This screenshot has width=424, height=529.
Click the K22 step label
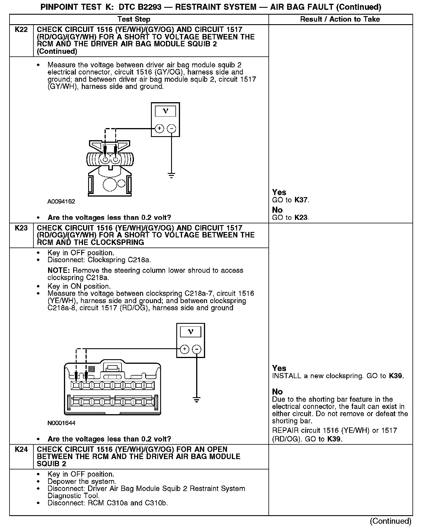[21, 30]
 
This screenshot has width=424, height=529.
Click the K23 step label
[21, 228]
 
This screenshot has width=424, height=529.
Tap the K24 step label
[21, 449]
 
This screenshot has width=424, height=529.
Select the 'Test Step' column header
[134, 19]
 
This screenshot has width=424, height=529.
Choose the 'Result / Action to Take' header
[340, 19]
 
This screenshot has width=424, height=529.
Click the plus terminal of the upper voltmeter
[159, 128]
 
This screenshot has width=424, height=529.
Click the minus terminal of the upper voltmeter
[171, 128]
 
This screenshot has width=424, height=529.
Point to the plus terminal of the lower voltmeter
[184, 349]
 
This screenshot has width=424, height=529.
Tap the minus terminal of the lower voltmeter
[197, 349]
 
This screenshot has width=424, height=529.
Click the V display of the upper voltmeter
[165, 111]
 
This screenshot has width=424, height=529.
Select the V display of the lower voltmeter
[190, 332]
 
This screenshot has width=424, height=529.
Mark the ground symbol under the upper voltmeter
[171, 175]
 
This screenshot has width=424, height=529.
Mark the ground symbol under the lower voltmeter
[197, 399]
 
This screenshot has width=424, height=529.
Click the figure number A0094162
[61, 201]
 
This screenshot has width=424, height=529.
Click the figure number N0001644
[61, 423]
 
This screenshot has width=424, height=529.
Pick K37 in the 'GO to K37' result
[301, 200]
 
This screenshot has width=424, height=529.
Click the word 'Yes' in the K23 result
[279, 368]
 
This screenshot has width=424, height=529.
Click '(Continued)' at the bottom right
[391, 521]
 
